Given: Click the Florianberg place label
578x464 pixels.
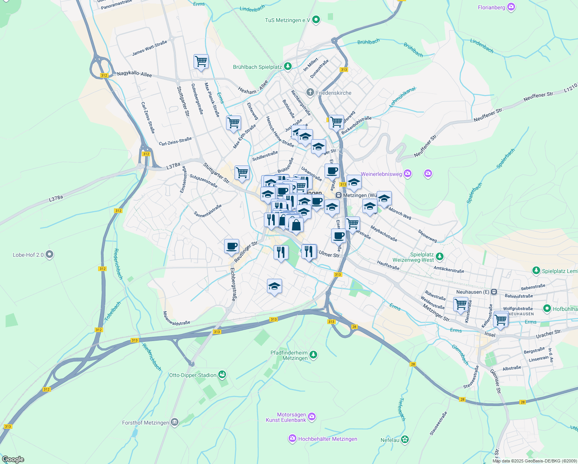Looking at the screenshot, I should pyautogui.click(x=491, y=7).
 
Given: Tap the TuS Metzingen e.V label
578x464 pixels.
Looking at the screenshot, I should pyautogui.click(x=288, y=20).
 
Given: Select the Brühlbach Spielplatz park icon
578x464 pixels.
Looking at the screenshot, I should pyautogui.click(x=287, y=67).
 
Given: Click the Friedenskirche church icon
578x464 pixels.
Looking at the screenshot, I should pyautogui.click(x=310, y=92).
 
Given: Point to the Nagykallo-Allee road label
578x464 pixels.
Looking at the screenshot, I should pyautogui.click(x=134, y=73).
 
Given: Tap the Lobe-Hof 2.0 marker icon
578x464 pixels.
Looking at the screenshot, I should pyautogui.click(x=49, y=254).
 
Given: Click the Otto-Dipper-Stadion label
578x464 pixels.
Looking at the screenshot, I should pyautogui.click(x=193, y=375).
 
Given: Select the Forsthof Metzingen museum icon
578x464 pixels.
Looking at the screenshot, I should pyautogui.click(x=175, y=422).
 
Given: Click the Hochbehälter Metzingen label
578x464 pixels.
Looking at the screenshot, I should pyautogui.click(x=328, y=439).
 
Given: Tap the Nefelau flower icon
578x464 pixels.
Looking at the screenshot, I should pyautogui.click(x=405, y=440).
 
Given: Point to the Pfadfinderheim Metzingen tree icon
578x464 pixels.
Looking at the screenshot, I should pyautogui.click(x=313, y=354).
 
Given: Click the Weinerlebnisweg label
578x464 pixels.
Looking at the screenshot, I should pyautogui.click(x=381, y=174).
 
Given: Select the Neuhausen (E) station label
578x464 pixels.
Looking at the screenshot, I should pyautogui.click(x=473, y=292).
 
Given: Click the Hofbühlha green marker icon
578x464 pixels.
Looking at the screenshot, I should pyautogui.click(x=547, y=309).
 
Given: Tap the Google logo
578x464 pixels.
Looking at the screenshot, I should pyautogui.click(x=13, y=459).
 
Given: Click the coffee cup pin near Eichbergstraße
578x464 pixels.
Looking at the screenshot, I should pyautogui.click(x=231, y=246).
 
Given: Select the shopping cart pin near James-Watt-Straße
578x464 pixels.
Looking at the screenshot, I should pyautogui.click(x=201, y=61).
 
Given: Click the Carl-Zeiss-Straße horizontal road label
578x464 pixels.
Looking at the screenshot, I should pyautogui.click(x=175, y=141).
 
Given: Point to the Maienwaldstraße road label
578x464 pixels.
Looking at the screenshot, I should pyautogui.click(x=176, y=318).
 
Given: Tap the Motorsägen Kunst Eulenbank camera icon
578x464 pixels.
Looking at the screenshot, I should pyautogui.click(x=312, y=417).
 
